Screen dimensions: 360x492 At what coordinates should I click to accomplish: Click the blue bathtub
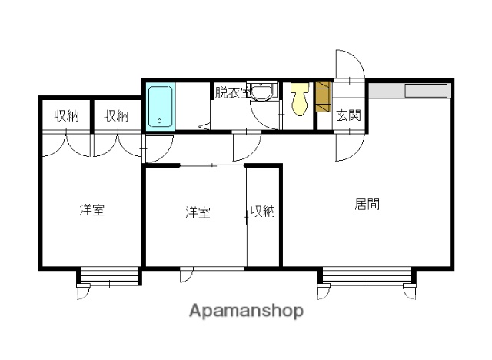160,106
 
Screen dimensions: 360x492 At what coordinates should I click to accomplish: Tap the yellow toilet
299,101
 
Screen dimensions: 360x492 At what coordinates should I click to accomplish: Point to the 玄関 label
348,115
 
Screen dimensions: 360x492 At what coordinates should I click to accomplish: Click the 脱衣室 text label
233,92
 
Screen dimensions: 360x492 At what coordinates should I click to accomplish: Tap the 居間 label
367,205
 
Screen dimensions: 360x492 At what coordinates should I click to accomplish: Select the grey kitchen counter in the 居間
407,91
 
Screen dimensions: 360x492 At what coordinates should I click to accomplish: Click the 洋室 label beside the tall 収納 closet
198,212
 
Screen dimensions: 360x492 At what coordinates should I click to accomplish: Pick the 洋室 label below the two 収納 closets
91,209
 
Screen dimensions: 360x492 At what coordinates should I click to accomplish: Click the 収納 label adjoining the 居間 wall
262,212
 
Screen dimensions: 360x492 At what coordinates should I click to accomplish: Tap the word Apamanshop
246,311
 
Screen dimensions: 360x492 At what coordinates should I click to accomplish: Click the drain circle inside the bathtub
159,121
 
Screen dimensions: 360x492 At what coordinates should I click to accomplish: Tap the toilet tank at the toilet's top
299,88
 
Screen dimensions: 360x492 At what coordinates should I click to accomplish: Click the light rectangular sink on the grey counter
425,91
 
